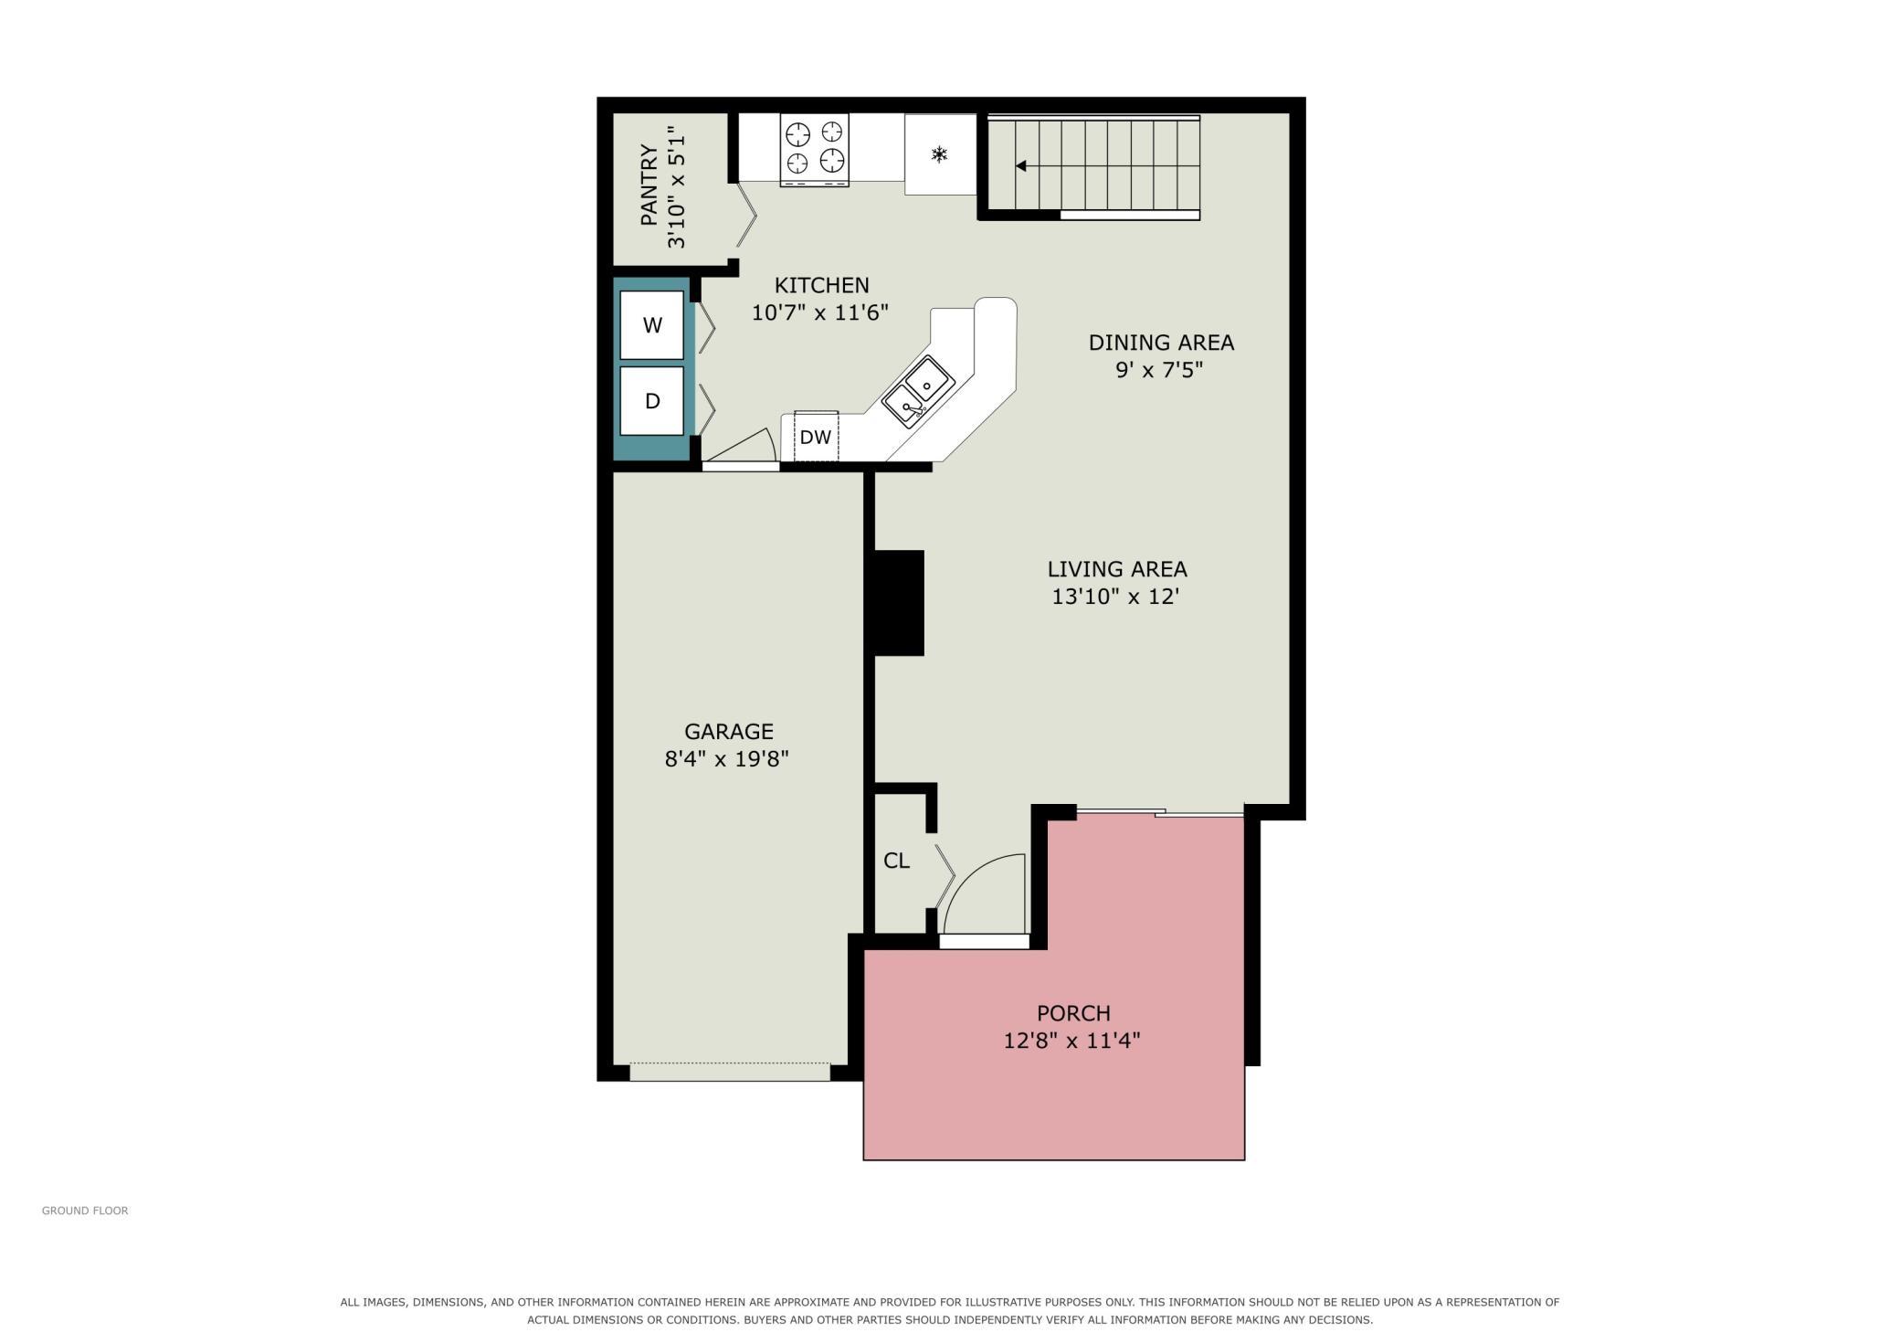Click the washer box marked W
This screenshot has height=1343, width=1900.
pyautogui.click(x=651, y=325)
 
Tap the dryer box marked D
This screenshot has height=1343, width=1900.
pyautogui.click(x=651, y=401)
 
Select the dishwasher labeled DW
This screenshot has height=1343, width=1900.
pyautogui.click(x=816, y=437)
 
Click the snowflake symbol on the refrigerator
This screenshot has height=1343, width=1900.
pyautogui.click(x=939, y=154)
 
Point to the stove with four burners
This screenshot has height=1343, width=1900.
pyautogui.click(x=814, y=150)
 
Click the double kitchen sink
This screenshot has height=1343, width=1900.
pyautogui.click(x=918, y=392)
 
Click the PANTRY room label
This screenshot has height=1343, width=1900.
pyautogui.click(x=649, y=185)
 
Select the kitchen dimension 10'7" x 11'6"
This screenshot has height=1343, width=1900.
pyautogui.click(x=819, y=312)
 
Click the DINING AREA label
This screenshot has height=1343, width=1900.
pyautogui.click(x=1161, y=343)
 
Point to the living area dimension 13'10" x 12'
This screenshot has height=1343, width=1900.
pyautogui.click(x=1115, y=597)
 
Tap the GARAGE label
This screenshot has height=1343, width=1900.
pyautogui.click(x=729, y=731)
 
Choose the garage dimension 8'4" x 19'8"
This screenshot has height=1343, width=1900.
pyautogui.click(x=726, y=758)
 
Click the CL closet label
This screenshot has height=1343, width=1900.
pyautogui.click(x=896, y=861)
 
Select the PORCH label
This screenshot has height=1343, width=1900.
pyautogui.click(x=1073, y=1013)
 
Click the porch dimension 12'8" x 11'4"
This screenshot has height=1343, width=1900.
pyautogui.click(x=1071, y=1041)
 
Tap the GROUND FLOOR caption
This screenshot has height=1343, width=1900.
pyautogui.click(x=85, y=1211)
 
